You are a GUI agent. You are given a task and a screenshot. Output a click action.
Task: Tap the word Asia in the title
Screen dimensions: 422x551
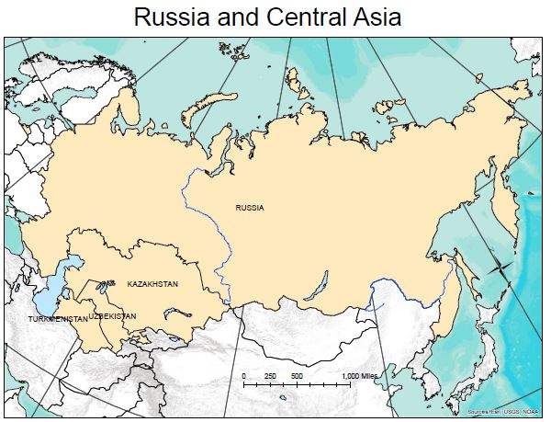pyautogui.click(x=371, y=17)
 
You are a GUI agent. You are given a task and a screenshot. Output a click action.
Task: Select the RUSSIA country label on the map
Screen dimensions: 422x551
pyautogui.click(x=249, y=208)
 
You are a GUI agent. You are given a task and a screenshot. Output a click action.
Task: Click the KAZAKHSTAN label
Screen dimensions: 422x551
pyautogui.click(x=152, y=284)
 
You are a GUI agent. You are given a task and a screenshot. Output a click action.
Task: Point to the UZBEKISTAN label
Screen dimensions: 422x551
pyautogui.click(x=113, y=316)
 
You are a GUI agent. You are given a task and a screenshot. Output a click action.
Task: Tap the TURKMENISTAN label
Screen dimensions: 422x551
pyautogui.click(x=58, y=318)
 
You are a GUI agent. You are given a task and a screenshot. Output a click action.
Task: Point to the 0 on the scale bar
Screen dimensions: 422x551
pyautogui.click(x=244, y=377)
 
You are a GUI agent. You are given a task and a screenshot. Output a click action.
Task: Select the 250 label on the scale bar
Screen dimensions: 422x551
pyautogui.click(x=270, y=377)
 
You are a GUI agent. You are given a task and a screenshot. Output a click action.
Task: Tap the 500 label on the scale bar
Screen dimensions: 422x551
pyautogui.click(x=297, y=377)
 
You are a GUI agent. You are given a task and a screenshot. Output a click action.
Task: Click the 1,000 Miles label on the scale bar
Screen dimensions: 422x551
pyautogui.click(x=360, y=377)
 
